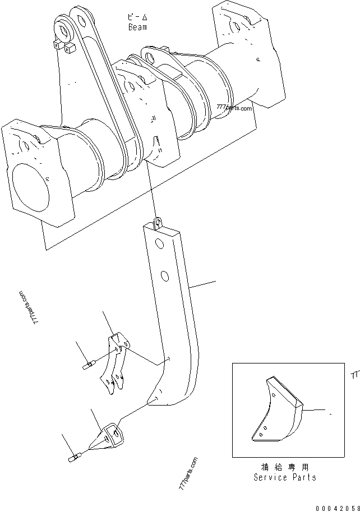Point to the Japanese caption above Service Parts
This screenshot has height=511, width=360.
[x=284, y=467]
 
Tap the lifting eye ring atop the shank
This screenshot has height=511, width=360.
[x=158, y=223]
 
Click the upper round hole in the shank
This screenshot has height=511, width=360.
[x=160, y=245]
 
